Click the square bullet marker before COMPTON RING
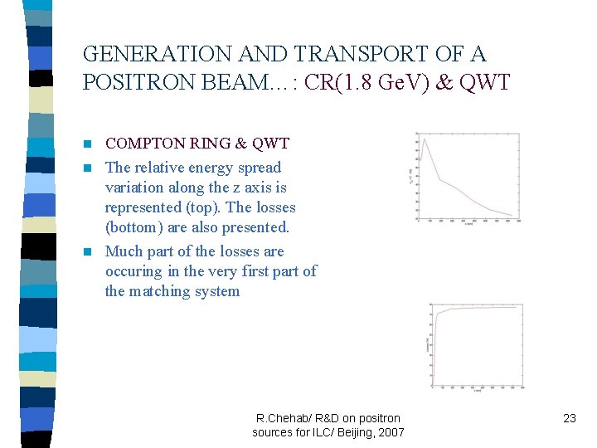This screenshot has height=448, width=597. pyautogui.click(x=88, y=145)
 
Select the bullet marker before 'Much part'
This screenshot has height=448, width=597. pyautogui.click(x=88, y=252)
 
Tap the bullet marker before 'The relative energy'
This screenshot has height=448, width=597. pyautogui.click(x=88, y=168)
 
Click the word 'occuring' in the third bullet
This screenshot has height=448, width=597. pyautogui.click(x=133, y=271)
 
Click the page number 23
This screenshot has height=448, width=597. pyautogui.click(x=569, y=418)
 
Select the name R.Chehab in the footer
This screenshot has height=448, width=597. pyautogui.click(x=283, y=418)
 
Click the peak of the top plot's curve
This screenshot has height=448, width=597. pyautogui.click(x=423, y=139)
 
